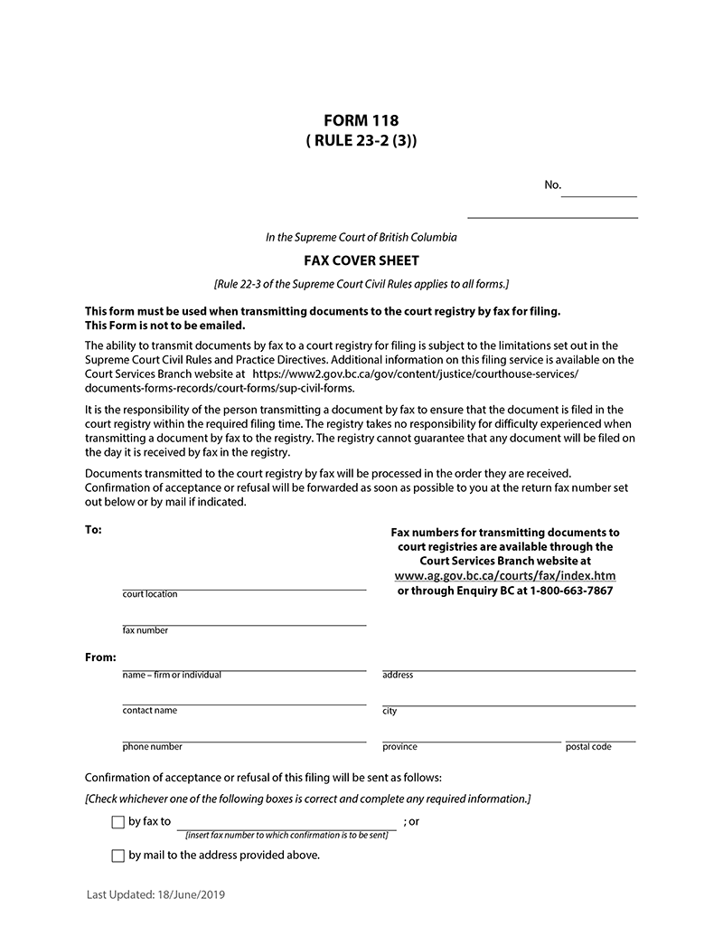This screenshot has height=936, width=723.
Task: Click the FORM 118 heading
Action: (x=361, y=120)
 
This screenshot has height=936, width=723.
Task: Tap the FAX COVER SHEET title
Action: (x=361, y=260)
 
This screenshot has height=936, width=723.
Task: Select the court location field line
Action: (x=244, y=583)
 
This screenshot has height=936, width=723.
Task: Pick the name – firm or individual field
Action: (x=244, y=665)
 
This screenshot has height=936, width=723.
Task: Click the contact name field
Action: (x=244, y=699)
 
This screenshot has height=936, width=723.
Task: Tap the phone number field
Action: (x=244, y=736)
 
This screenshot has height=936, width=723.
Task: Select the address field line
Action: (x=508, y=665)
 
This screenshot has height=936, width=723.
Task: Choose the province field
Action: (x=471, y=736)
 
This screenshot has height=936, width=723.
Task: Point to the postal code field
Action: (x=600, y=736)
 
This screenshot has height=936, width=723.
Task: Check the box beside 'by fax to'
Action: (x=117, y=823)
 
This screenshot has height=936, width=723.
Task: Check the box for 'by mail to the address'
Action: (x=117, y=856)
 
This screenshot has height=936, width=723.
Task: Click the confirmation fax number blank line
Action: (x=286, y=823)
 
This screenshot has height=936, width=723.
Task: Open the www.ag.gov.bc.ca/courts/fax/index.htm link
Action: (x=505, y=575)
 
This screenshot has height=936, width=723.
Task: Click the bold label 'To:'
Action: (x=93, y=530)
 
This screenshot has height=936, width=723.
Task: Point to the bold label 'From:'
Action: (x=100, y=657)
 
